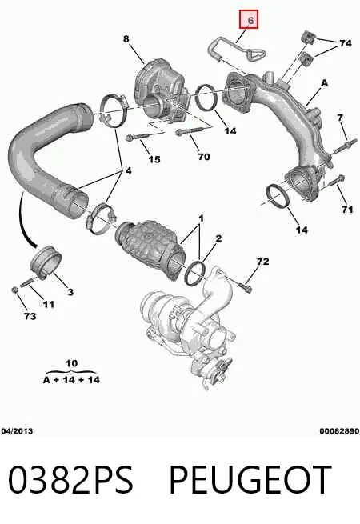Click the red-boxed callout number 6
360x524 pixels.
[x=251, y=20]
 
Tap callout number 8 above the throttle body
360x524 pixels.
[x=126, y=38]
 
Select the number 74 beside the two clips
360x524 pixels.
[x=346, y=43]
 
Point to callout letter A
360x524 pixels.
[x=324, y=83]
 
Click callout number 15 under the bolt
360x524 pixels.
[x=154, y=159]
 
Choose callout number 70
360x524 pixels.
[x=203, y=156]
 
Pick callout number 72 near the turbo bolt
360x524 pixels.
[x=262, y=261]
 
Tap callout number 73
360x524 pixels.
[x=30, y=316]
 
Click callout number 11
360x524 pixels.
[x=49, y=304]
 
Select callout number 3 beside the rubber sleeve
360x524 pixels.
[x=70, y=292]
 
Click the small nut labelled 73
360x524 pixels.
[x=14, y=290]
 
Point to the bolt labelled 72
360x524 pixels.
[x=246, y=287]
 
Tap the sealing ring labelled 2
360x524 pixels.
[x=195, y=274]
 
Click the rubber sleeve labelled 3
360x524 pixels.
[x=46, y=262]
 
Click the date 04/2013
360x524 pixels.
[x=17, y=430]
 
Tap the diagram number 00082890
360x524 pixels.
[x=339, y=430]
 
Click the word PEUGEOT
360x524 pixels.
[x=250, y=479]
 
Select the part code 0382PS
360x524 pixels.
[x=70, y=479]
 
